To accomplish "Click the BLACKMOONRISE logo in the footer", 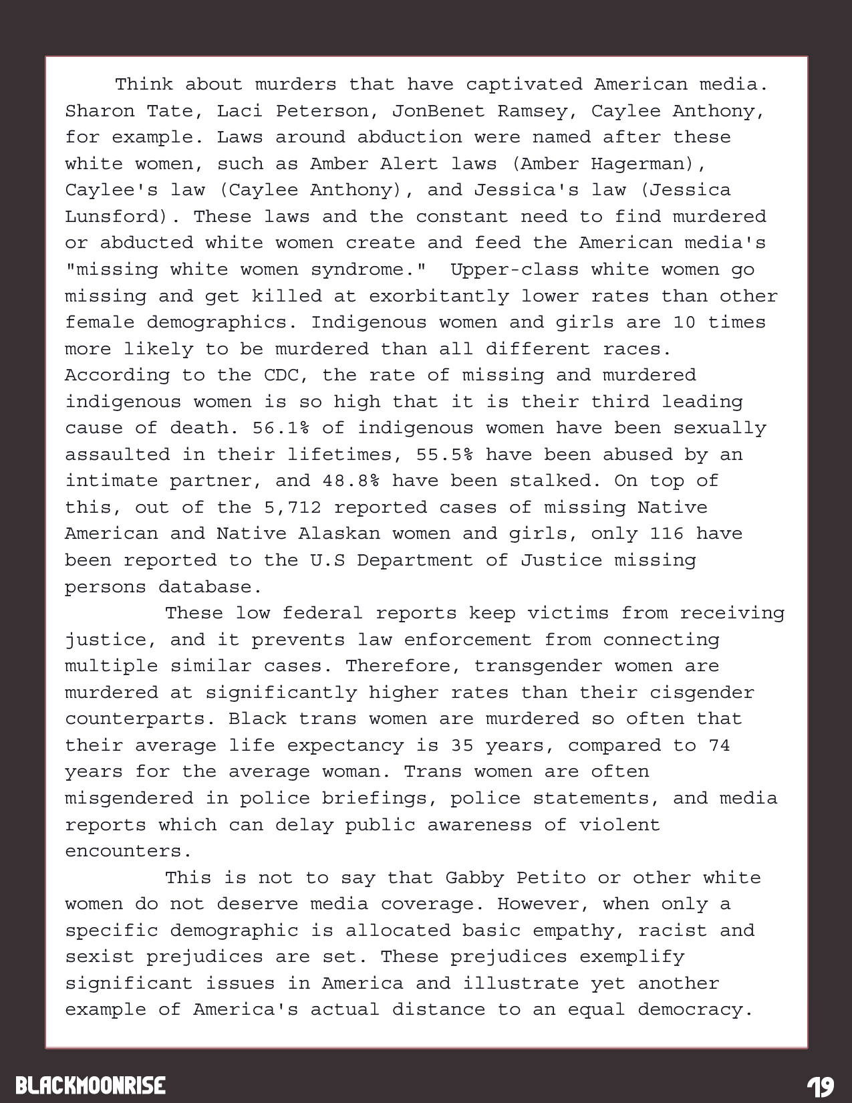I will (90, 1084).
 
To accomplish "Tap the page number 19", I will (819, 1086).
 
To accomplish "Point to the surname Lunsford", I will (123, 217).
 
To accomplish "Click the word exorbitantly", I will (438, 296).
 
